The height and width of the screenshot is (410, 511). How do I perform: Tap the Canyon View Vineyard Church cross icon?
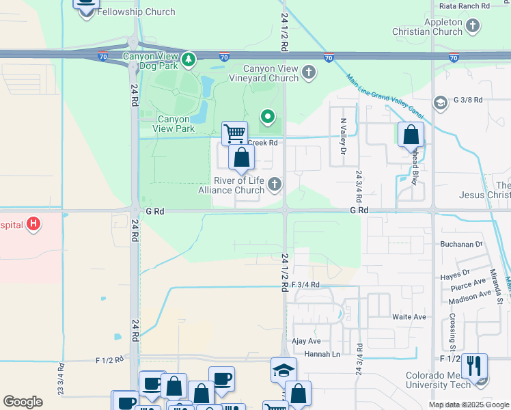(x=309, y=71)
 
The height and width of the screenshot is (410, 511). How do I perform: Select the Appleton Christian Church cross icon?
(x=473, y=27)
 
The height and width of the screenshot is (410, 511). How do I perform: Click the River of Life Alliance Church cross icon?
(x=274, y=183)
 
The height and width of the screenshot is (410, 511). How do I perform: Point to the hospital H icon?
(x=32, y=224)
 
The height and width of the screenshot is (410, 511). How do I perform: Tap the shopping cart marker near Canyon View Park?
(x=234, y=133)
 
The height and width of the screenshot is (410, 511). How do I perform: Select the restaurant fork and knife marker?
(x=473, y=366)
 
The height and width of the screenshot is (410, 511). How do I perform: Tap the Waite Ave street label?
(x=409, y=317)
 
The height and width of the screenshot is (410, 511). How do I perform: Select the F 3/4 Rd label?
(x=305, y=285)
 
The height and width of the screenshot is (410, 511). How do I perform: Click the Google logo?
(x=23, y=402)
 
